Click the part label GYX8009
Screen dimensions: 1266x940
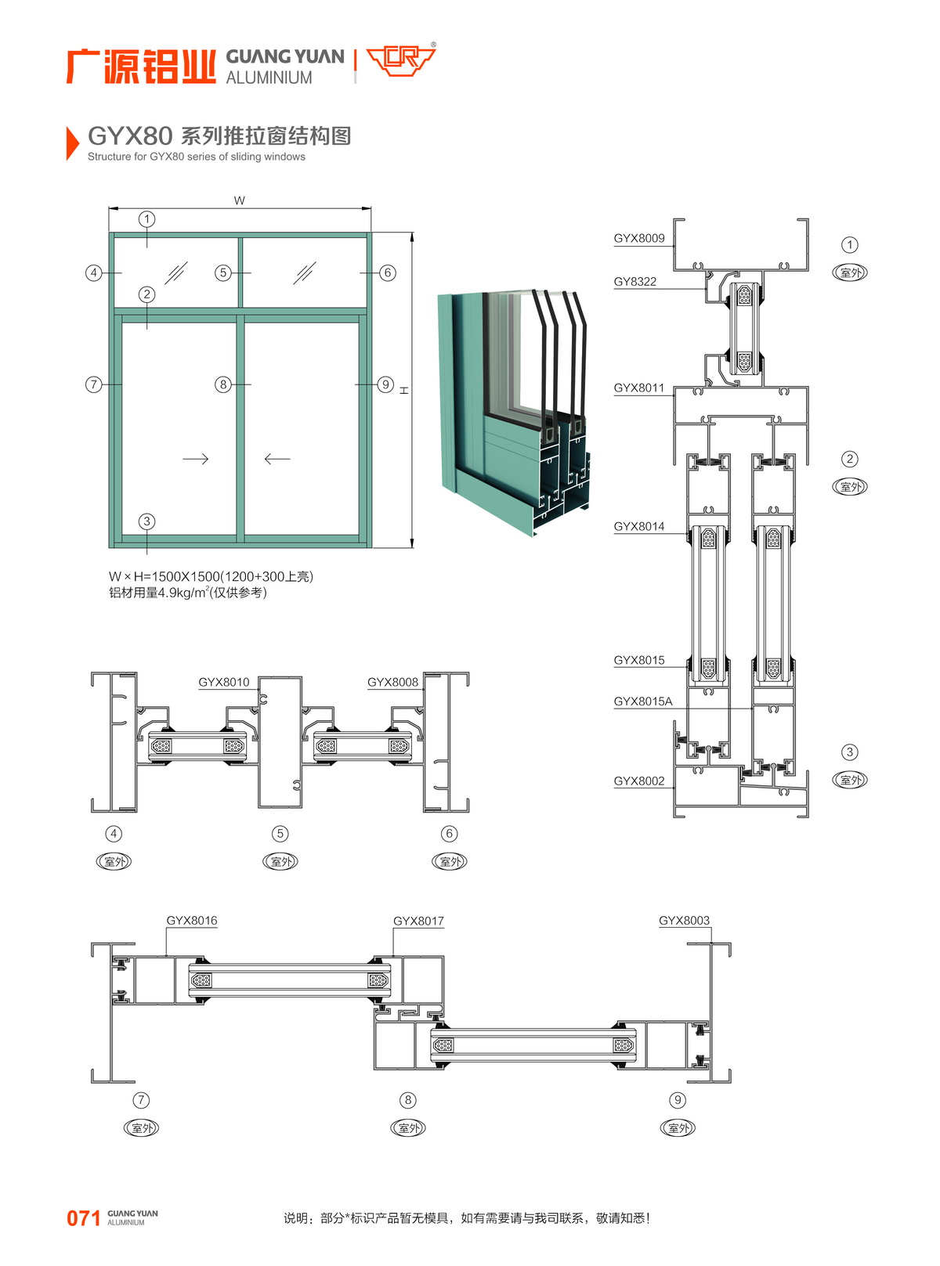pyautogui.click(x=638, y=238)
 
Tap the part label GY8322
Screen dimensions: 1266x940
pyautogui.click(x=634, y=281)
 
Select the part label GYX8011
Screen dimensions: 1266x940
pyautogui.click(x=638, y=388)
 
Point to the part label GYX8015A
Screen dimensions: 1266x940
pyautogui.click(x=642, y=702)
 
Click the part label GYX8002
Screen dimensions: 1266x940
pyautogui.click(x=638, y=781)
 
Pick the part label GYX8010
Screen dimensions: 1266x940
pyautogui.click(x=223, y=682)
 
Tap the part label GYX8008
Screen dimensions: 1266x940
pyautogui.click(x=392, y=682)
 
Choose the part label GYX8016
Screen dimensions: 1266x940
pyautogui.click(x=191, y=920)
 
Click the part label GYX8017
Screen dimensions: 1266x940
pyautogui.click(x=418, y=921)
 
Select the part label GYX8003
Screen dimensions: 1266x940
pyautogui.click(x=684, y=920)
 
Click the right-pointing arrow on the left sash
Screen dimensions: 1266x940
pyautogui.click(x=195, y=459)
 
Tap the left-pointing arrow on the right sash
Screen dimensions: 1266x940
pyautogui.click(x=277, y=459)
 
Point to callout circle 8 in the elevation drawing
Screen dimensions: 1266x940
pyautogui.click(x=223, y=384)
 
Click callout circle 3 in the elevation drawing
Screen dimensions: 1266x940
pyautogui.click(x=146, y=521)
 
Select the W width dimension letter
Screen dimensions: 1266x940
pyautogui.click(x=239, y=200)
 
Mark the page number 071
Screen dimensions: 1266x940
pyautogui.click(x=83, y=1218)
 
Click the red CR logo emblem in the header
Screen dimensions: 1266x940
pyautogui.click(x=401, y=60)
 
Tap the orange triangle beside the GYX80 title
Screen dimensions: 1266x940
pyautogui.click(x=72, y=142)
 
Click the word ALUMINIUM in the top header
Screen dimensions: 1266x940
pyautogui.click(x=269, y=78)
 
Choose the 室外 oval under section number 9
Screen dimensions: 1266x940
pyautogui.click(x=678, y=1127)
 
